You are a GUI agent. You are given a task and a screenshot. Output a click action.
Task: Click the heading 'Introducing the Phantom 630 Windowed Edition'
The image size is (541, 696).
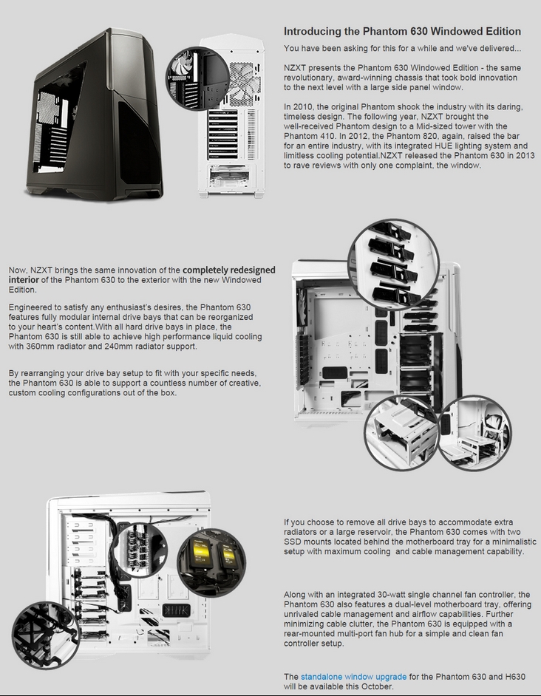tap(402, 32)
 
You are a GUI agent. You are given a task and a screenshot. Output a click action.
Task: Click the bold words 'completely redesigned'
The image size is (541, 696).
tap(229, 270)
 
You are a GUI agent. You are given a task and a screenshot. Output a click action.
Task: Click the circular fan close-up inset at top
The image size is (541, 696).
tap(197, 78)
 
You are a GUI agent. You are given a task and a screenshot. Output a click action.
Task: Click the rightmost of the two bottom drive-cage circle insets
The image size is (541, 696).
tap(474, 431)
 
